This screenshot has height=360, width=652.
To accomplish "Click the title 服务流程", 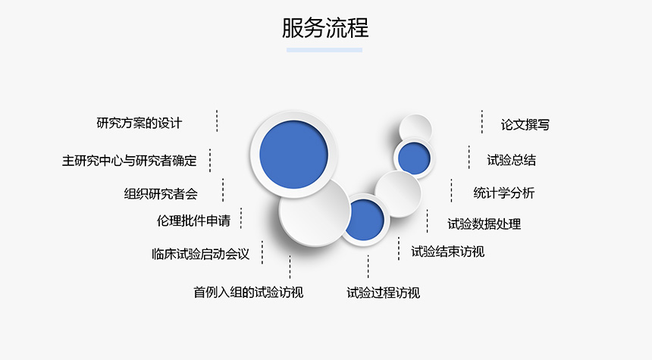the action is click(x=325, y=28).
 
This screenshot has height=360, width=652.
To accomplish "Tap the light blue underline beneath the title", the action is click(x=324, y=50).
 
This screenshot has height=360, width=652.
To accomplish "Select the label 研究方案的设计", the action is click(x=139, y=123).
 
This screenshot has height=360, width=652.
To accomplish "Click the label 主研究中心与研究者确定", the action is click(x=130, y=161).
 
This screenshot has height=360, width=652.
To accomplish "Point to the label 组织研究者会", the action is click(x=161, y=194).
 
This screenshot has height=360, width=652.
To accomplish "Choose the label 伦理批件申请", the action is click(x=193, y=221).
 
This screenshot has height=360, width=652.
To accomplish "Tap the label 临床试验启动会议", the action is click(x=200, y=254).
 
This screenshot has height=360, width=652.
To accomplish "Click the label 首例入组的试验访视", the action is click(x=248, y=293).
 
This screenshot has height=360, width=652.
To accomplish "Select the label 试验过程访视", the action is click(x=384, y=293).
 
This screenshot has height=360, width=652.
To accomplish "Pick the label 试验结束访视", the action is click(x=448, y=252).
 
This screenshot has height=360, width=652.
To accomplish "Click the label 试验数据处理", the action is click(x=484, y=224).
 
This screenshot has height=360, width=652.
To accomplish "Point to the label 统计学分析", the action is click(x=504, y=193).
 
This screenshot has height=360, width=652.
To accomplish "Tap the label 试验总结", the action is click(x=512, y=160).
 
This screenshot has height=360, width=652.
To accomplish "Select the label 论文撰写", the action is click(x=525, y=125).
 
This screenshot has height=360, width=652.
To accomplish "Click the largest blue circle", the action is click(x=293, y=154).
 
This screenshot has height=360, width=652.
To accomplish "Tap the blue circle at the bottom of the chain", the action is click(x=364, y=220).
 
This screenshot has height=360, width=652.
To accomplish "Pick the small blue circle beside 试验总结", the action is click(x=414, y=158).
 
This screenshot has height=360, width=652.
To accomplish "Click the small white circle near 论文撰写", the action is click(x=415, y=127).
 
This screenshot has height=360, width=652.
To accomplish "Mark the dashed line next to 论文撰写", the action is click(x=482, y=122).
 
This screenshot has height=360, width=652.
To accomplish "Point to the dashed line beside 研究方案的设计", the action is click(x=217, y=121).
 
